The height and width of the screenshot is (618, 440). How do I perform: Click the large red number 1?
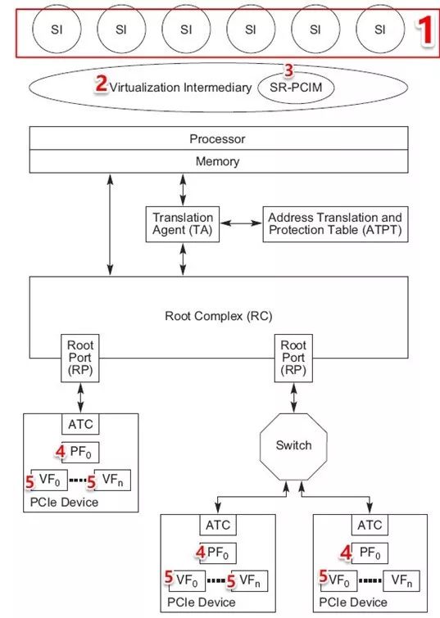pyautogui.click(x=424, y=29)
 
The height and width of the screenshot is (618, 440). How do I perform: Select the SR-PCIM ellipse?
pyautogui.click(x=296, y=86)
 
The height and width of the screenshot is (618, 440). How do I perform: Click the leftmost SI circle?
pyautogui.click(x=56, y=30)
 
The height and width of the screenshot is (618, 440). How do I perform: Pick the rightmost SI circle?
pyautogui.click(x=379, y=30)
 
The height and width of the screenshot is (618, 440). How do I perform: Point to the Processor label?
pyautogui.click(x=217, y=139)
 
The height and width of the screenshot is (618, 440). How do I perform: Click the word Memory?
pyautogui.click(x=217, y=161)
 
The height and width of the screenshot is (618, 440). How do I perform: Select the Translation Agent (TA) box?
pyautogui.click(x=183, y=224)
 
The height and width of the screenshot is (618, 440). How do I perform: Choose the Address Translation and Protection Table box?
pyautogui.click(x=335, y=224)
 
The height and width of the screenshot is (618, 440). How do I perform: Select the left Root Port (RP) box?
pyautogui.click(x=81, y=358)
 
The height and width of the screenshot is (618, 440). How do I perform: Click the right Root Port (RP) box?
pyautogui.click(x=294, y=358)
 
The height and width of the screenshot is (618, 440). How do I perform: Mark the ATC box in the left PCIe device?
pyautogui.click(x=81, y=425)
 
